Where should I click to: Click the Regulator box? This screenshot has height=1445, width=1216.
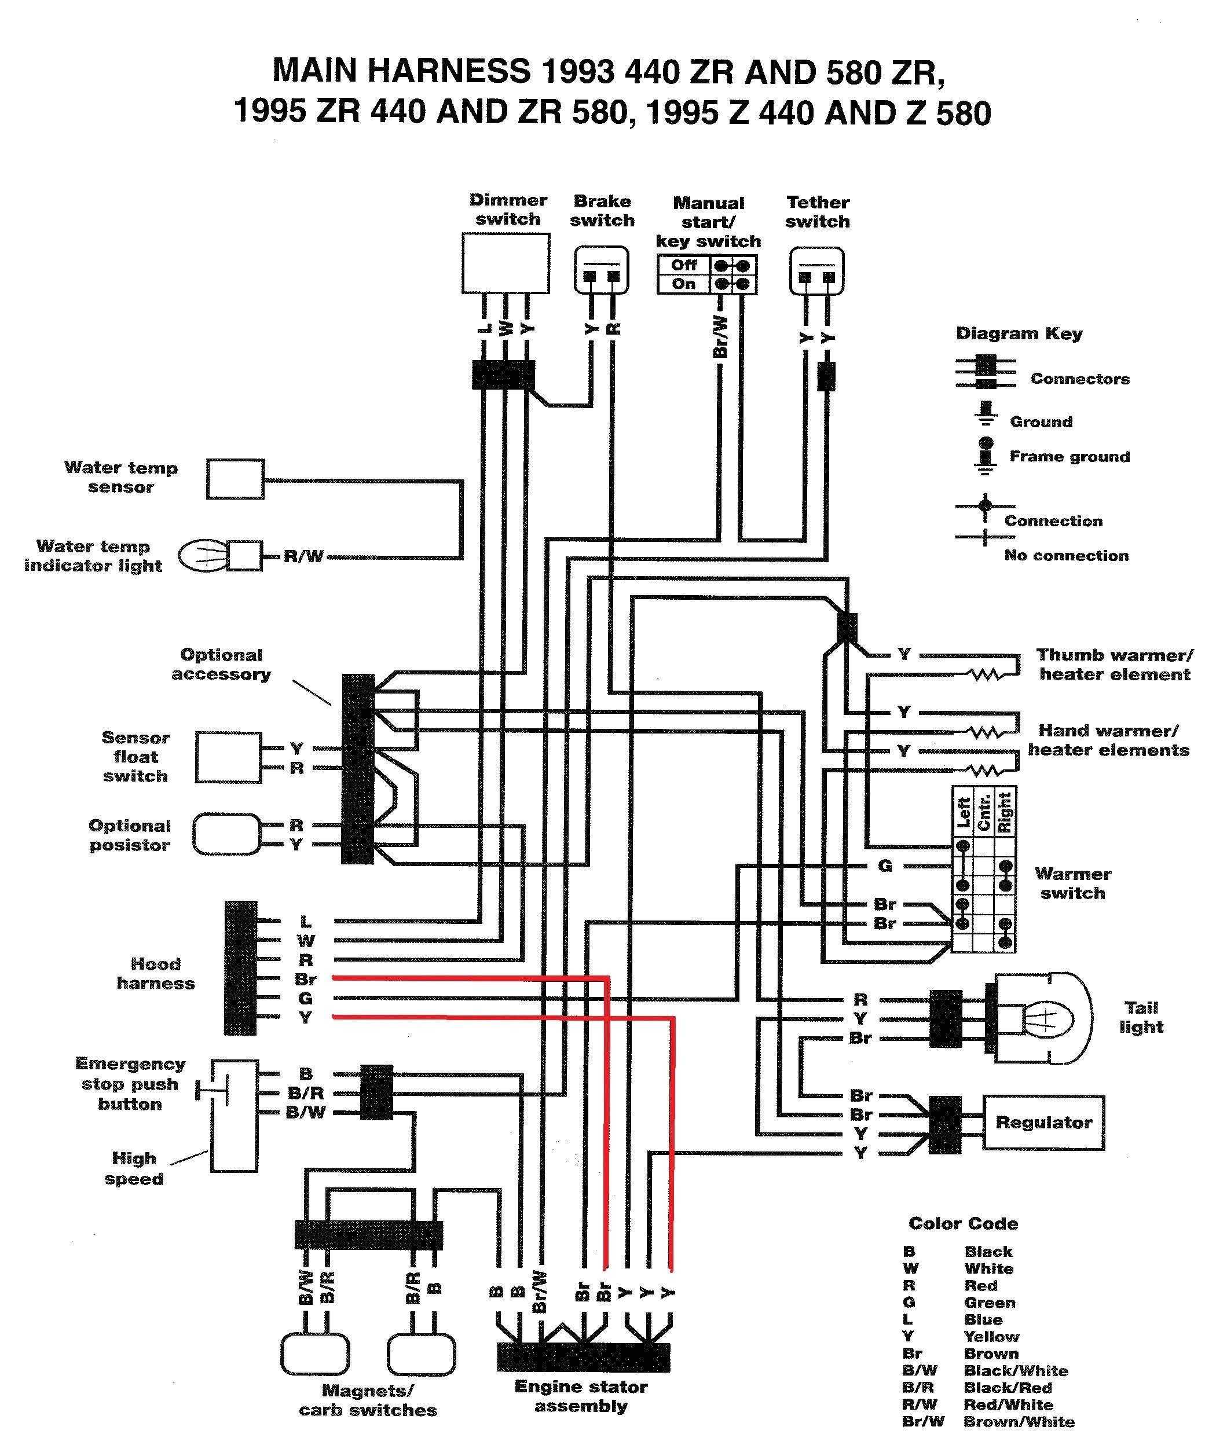coord(1043,1122)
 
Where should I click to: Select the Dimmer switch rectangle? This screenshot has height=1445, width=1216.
coord(506,263)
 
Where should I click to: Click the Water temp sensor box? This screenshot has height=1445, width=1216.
coord(235,479)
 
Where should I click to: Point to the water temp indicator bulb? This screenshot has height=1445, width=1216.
coord(203,556)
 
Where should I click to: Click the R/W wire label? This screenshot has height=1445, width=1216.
coord(303,557)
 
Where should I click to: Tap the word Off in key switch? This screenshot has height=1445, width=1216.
coord(683,265)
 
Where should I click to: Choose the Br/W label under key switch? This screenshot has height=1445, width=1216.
coord(720,336)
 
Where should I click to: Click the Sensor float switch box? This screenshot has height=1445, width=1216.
coord(228,757)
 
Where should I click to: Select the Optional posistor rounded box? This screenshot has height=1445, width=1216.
coord(227,834)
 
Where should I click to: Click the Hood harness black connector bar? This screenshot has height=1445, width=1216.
coord(240,967)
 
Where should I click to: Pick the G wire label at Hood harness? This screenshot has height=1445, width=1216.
coord(305,998)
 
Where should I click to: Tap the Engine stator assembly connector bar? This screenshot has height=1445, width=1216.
coord(583,1357)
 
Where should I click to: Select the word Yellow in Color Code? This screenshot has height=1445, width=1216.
coord(991,1337)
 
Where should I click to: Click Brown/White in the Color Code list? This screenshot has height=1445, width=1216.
coord(1019,1422)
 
